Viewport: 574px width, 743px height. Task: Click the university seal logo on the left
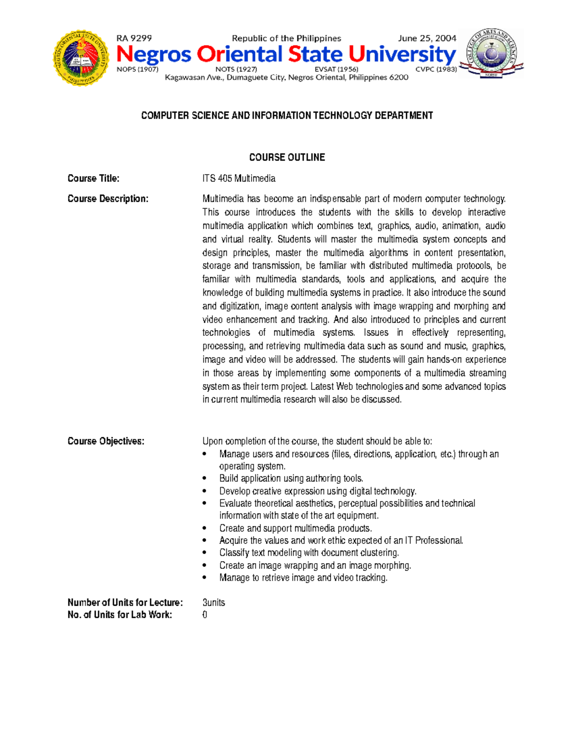(80, 58)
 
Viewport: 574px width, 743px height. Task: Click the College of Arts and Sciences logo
(491, 53)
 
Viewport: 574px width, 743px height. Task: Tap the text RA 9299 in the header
(134, 38)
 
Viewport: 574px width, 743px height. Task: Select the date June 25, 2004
(427, 38)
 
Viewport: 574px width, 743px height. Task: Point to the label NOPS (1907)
(137, 69)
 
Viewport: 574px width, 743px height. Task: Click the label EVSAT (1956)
(336, 69)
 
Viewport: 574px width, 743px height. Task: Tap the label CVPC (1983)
(436, 69)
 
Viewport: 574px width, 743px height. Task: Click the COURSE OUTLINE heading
(287, 157)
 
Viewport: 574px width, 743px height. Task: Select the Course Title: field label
(93, 178)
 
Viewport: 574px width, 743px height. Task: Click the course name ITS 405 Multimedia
(239, 178)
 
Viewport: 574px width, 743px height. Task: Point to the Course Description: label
(108, 199)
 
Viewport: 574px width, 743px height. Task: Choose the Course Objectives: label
(106, 441)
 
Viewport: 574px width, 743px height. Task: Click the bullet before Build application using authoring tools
(205, 478)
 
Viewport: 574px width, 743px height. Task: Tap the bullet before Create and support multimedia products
(205, 528)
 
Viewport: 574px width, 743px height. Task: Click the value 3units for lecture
(213, 602)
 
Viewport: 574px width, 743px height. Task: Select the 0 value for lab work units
(205, 615)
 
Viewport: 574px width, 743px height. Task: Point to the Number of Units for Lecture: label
(125, 602)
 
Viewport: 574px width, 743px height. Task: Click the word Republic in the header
(248, 38)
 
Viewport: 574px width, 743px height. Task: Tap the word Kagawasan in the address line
(184, 78)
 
